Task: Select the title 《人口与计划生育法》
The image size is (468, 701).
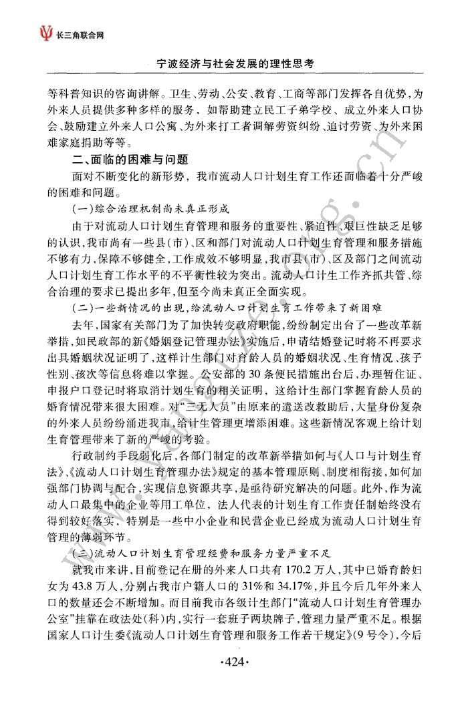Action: [379, 459]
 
